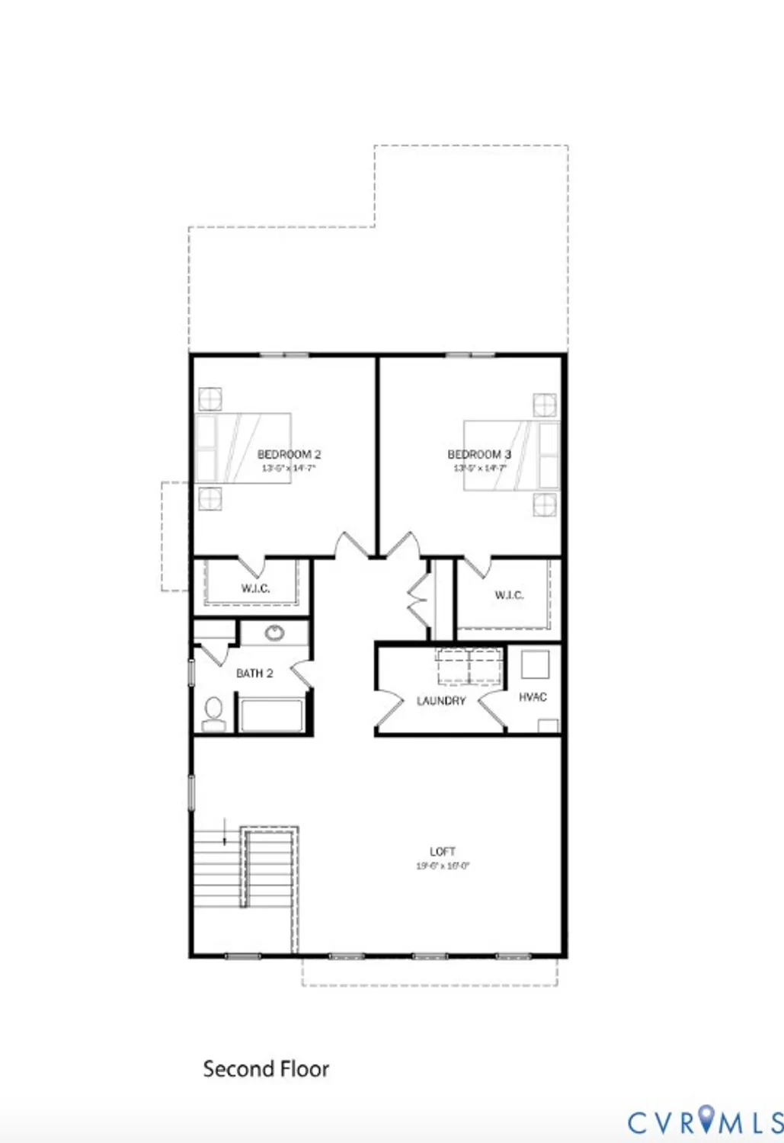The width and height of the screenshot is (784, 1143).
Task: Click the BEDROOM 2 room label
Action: pyautogui.click(x=289, y=455)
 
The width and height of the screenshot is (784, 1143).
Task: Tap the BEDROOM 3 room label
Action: pyautogui.click(x=479, y=455)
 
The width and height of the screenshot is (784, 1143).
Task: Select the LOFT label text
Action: pyautogui.click(x=443, y=852)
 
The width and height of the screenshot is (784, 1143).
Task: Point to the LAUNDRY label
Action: pyautogui.click(x=441, y=701)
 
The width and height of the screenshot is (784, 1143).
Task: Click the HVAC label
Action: pyautogui.click(x=533, y=697)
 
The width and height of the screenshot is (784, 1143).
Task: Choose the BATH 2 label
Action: pyautogui.click(x=254, y=674)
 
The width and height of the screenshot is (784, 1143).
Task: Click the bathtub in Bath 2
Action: pyautogui.click(x=272, y=715)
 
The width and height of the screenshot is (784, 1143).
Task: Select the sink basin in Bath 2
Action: pyautogui.click(x=274, y=632)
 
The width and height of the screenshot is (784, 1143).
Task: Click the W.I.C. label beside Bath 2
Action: pyautogui.click(x=255, y=589)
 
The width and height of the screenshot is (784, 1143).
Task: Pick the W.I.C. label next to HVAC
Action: pyautogui.click(x=509, y=595)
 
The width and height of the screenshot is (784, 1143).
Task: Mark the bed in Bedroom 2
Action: pyautogui.click(x=243, y=448)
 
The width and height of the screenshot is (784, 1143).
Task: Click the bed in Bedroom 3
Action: pyautogui.click(x=511, y=454)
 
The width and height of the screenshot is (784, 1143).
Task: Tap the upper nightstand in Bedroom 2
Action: pyautogui.click(x=210, y=399)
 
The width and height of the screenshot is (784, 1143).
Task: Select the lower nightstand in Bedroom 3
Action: pyautogui.click(x=545, y=504)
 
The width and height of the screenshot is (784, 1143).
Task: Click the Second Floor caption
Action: pyautogui.click(x=266, y=1069)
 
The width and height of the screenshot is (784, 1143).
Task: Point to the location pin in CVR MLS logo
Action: pyautogui.click(x=708, y=1120)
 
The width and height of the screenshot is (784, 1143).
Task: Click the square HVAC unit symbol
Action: pyautogui.click(x=535, y=664)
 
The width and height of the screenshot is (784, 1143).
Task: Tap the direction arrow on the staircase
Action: pyautogui.click(x=225, y=832)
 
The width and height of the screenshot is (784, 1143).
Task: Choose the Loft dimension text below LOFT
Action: pyautogui.click(x=443, y=866)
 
